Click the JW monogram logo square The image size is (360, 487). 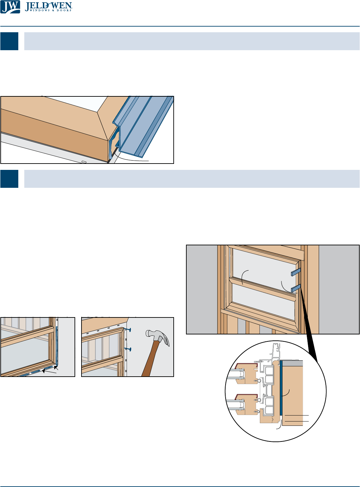(x=10, y=7)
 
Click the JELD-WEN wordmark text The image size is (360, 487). (x=48, y=6)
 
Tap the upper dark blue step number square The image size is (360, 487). (x=9, y=41)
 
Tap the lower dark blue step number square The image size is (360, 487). (x=9, y=179)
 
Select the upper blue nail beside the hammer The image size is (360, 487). (x=128, y=329)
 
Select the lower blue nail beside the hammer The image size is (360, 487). (x=128, y=349)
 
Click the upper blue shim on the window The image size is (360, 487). (x=296, y=272)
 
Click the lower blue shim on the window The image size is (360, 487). (x=296, y=288)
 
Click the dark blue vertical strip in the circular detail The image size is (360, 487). (x=281, y=388)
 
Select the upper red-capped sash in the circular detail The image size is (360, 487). (x=246, y=374)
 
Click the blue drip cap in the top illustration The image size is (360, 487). (x=143, y=125)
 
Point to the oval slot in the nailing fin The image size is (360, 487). (x=84, y=162)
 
